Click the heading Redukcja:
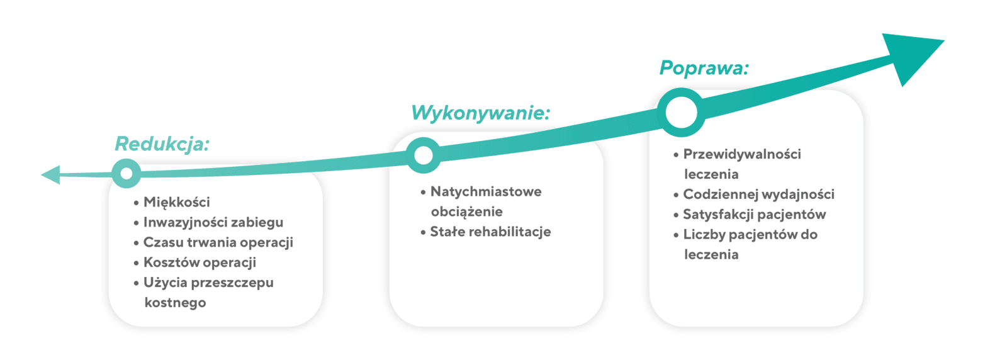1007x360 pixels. pos(162,144)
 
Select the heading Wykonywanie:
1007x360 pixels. pos(481,113)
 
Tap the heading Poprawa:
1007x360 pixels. pos(704,68)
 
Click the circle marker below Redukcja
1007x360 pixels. pos(127,173)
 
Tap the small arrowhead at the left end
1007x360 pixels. pos(50,175)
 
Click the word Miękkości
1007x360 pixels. pos(177,202)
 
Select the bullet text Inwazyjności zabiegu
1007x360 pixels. pos(213,222)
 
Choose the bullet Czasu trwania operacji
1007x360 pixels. pos(218,242)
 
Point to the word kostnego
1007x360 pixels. pos(176,303)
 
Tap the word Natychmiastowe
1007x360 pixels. pos(486,191)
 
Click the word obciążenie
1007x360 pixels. pos(466,211)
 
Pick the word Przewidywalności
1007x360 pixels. pos(742,154)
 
